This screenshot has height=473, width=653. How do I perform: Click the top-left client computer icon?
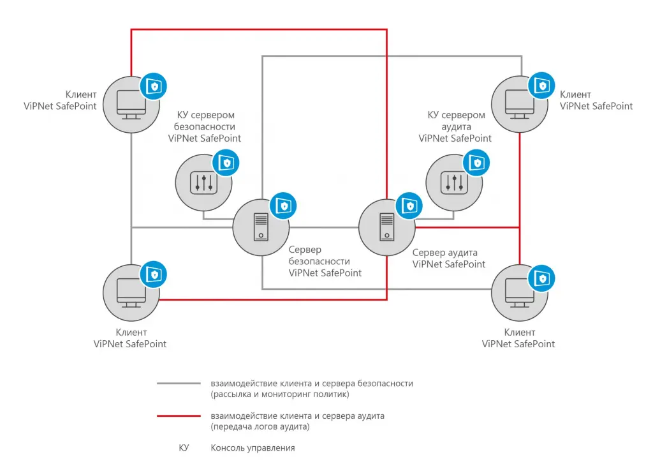[x=131, y=105]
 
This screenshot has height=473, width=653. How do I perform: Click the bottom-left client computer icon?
[x=131, y=293]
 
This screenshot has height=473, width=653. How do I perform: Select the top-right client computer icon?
[x=520, y=104]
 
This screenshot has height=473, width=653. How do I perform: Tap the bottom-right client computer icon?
[x=520, y=292]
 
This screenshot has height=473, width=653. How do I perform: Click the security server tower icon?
[x=261, y=227]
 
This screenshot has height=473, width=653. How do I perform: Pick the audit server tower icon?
[x=387, y=227]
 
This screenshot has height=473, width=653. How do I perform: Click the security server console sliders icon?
[x=203, y=183]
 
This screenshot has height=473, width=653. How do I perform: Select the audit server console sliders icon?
[x=454, y=183]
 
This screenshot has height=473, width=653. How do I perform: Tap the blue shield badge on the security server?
[x=283, y=206]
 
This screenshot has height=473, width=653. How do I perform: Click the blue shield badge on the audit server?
[x=409, y=206]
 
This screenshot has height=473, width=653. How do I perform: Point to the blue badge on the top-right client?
[x=541, y=86]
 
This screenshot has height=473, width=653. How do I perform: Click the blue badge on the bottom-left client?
[x=153, y=274]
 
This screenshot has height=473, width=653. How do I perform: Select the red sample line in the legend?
[x=179, y=416]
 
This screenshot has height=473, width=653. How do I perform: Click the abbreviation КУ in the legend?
[x=184, y=448]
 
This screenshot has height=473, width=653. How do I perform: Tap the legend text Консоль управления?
[x=253, y=448]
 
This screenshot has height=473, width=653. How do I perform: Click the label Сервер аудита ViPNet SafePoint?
[x=449, y=259]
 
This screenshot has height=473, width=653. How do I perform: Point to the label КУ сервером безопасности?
[x=205, y=121]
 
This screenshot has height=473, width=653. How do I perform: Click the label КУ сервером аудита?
[x=456, y=121]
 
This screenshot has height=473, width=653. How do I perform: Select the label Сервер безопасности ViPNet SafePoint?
[x=325, y=261]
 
